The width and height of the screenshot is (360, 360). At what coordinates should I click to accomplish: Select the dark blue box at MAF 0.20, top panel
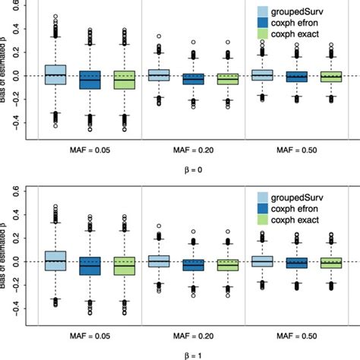[x=193, y=78]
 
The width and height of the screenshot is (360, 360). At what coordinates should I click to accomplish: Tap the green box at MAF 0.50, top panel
[x=331, y=77]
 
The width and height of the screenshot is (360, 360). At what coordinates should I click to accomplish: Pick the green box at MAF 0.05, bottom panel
[x=124, y=265]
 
